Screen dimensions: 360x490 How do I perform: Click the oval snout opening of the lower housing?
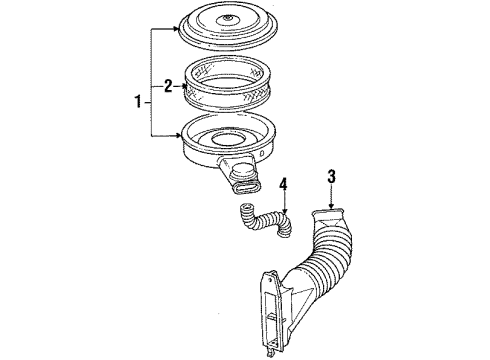242,183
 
